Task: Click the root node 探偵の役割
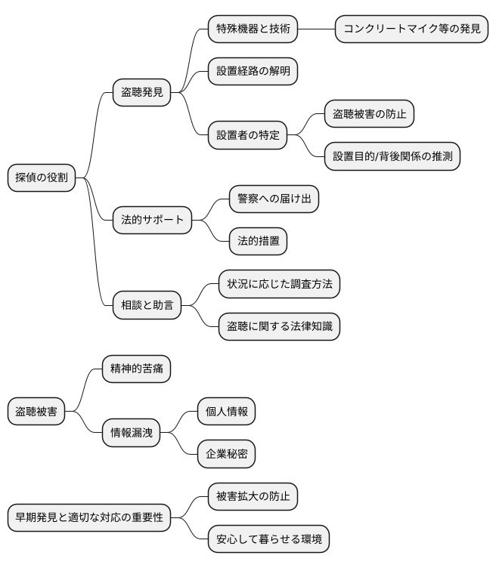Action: pos(42,178)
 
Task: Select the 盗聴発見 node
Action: pos(142,93)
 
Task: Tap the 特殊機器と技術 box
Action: pos(253,29)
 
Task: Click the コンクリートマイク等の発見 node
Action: pos(412,29)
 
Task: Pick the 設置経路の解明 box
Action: pos(253,72)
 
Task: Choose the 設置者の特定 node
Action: pos(247,135)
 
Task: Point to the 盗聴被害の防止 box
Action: pos(370,114)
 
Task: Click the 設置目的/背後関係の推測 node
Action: pos(392,156)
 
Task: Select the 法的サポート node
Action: pos(152,221)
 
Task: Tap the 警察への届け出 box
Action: pos(274,199)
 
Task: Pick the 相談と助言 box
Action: pos(147,305)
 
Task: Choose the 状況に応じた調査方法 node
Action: pos(279,284)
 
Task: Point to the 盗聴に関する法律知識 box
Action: pos(279,326)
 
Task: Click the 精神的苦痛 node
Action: pos(136,369)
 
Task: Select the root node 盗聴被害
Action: pos(36,412)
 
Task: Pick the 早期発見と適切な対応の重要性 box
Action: pos(89,518)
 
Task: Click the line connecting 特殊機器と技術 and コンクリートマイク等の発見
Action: pos(316,29)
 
